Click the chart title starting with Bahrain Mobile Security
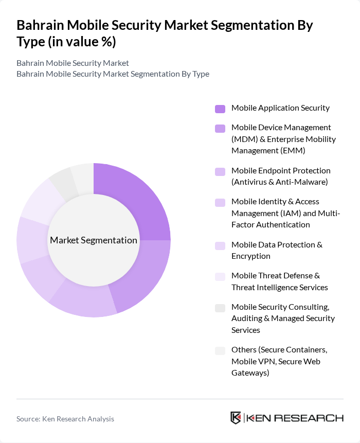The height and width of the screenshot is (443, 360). [x=165, y=33]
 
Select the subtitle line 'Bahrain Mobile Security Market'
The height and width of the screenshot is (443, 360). [x=73, y=63]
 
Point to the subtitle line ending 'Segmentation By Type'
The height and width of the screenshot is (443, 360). [x=113, y=74]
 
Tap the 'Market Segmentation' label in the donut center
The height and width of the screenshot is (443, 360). [x=94, y=240]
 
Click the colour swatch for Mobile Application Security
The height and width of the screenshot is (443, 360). [x=220, y=109]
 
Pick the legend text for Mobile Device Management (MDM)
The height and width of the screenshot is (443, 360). [x=283, y=139]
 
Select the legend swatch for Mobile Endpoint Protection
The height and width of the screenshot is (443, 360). [x=220, y=171]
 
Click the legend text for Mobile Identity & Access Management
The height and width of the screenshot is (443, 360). [x=285, y=213]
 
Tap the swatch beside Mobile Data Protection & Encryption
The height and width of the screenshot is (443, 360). [x=220, y=245]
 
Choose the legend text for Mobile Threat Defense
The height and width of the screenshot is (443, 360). [x=280, y=281]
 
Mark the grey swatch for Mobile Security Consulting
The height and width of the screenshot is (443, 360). [x=220, y=308]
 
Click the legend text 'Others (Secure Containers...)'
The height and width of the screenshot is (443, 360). [x=279, y=361]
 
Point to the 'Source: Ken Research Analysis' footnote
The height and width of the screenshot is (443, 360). [x=65, y=419]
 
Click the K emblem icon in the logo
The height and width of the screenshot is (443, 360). [x=236, y=417]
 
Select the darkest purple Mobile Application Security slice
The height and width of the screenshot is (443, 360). [x=136, y=198]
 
